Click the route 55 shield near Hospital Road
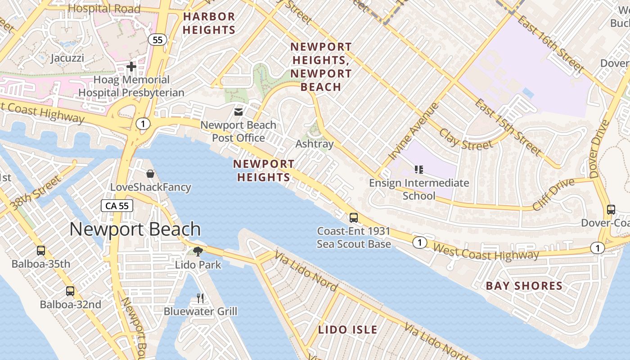pos(157,40)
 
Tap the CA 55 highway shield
pos(117,206)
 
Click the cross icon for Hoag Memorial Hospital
pos(131,67)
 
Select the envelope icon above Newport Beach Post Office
pos(238,112)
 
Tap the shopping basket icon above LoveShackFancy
pos(150,173)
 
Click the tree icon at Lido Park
pos(198,251)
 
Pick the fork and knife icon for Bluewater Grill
pos(200,298)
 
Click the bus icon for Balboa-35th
pos(41,250)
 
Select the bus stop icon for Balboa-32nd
pos(70,291)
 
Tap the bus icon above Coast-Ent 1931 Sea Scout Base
pos(354,218)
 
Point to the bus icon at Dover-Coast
pos(611,209)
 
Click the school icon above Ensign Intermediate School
pos(419,170)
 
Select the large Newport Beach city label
pos(135,229)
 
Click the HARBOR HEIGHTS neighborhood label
pos(209,23)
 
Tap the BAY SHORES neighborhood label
pos(524,286)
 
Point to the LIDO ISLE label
pos(348,329)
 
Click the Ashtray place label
pos(315,144)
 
